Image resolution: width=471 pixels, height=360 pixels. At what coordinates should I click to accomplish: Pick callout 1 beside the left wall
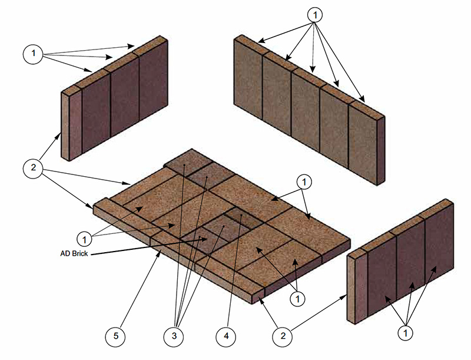click(x=34, y=54)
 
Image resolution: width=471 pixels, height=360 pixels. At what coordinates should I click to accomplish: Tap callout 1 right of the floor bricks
click(x=304, y=181)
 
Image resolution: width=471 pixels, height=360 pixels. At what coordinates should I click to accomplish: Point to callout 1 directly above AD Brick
click(x=87, y=239)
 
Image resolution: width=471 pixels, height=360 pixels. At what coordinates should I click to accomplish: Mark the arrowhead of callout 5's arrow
click(x=162, y=252)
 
